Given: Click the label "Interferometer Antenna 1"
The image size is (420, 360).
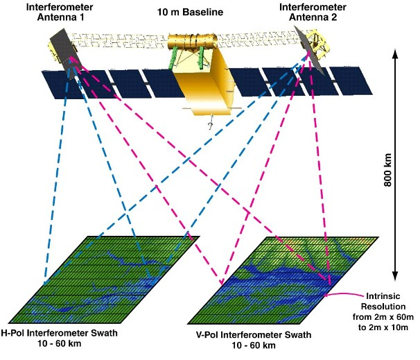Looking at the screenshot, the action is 60,12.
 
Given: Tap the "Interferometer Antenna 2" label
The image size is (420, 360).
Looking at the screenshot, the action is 313,12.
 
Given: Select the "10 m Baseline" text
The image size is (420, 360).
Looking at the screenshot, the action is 190,12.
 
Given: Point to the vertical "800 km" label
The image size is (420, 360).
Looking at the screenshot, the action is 387,170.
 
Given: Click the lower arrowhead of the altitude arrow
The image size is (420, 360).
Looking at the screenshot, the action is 395,276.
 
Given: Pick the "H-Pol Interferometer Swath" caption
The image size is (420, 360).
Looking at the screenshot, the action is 59,333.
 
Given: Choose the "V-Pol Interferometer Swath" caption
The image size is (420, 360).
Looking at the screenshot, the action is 254,335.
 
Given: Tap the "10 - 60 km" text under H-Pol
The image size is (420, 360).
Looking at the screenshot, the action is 59,343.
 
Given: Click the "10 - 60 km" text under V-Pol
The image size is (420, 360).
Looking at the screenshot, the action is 254,345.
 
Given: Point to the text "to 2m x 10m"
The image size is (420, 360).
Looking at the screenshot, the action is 383,327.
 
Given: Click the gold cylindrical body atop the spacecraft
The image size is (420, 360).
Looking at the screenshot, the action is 192,41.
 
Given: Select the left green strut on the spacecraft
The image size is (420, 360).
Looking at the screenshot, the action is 173,58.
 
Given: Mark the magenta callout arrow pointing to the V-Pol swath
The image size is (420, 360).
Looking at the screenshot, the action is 345,294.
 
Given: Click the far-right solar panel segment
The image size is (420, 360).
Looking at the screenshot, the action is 351,81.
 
